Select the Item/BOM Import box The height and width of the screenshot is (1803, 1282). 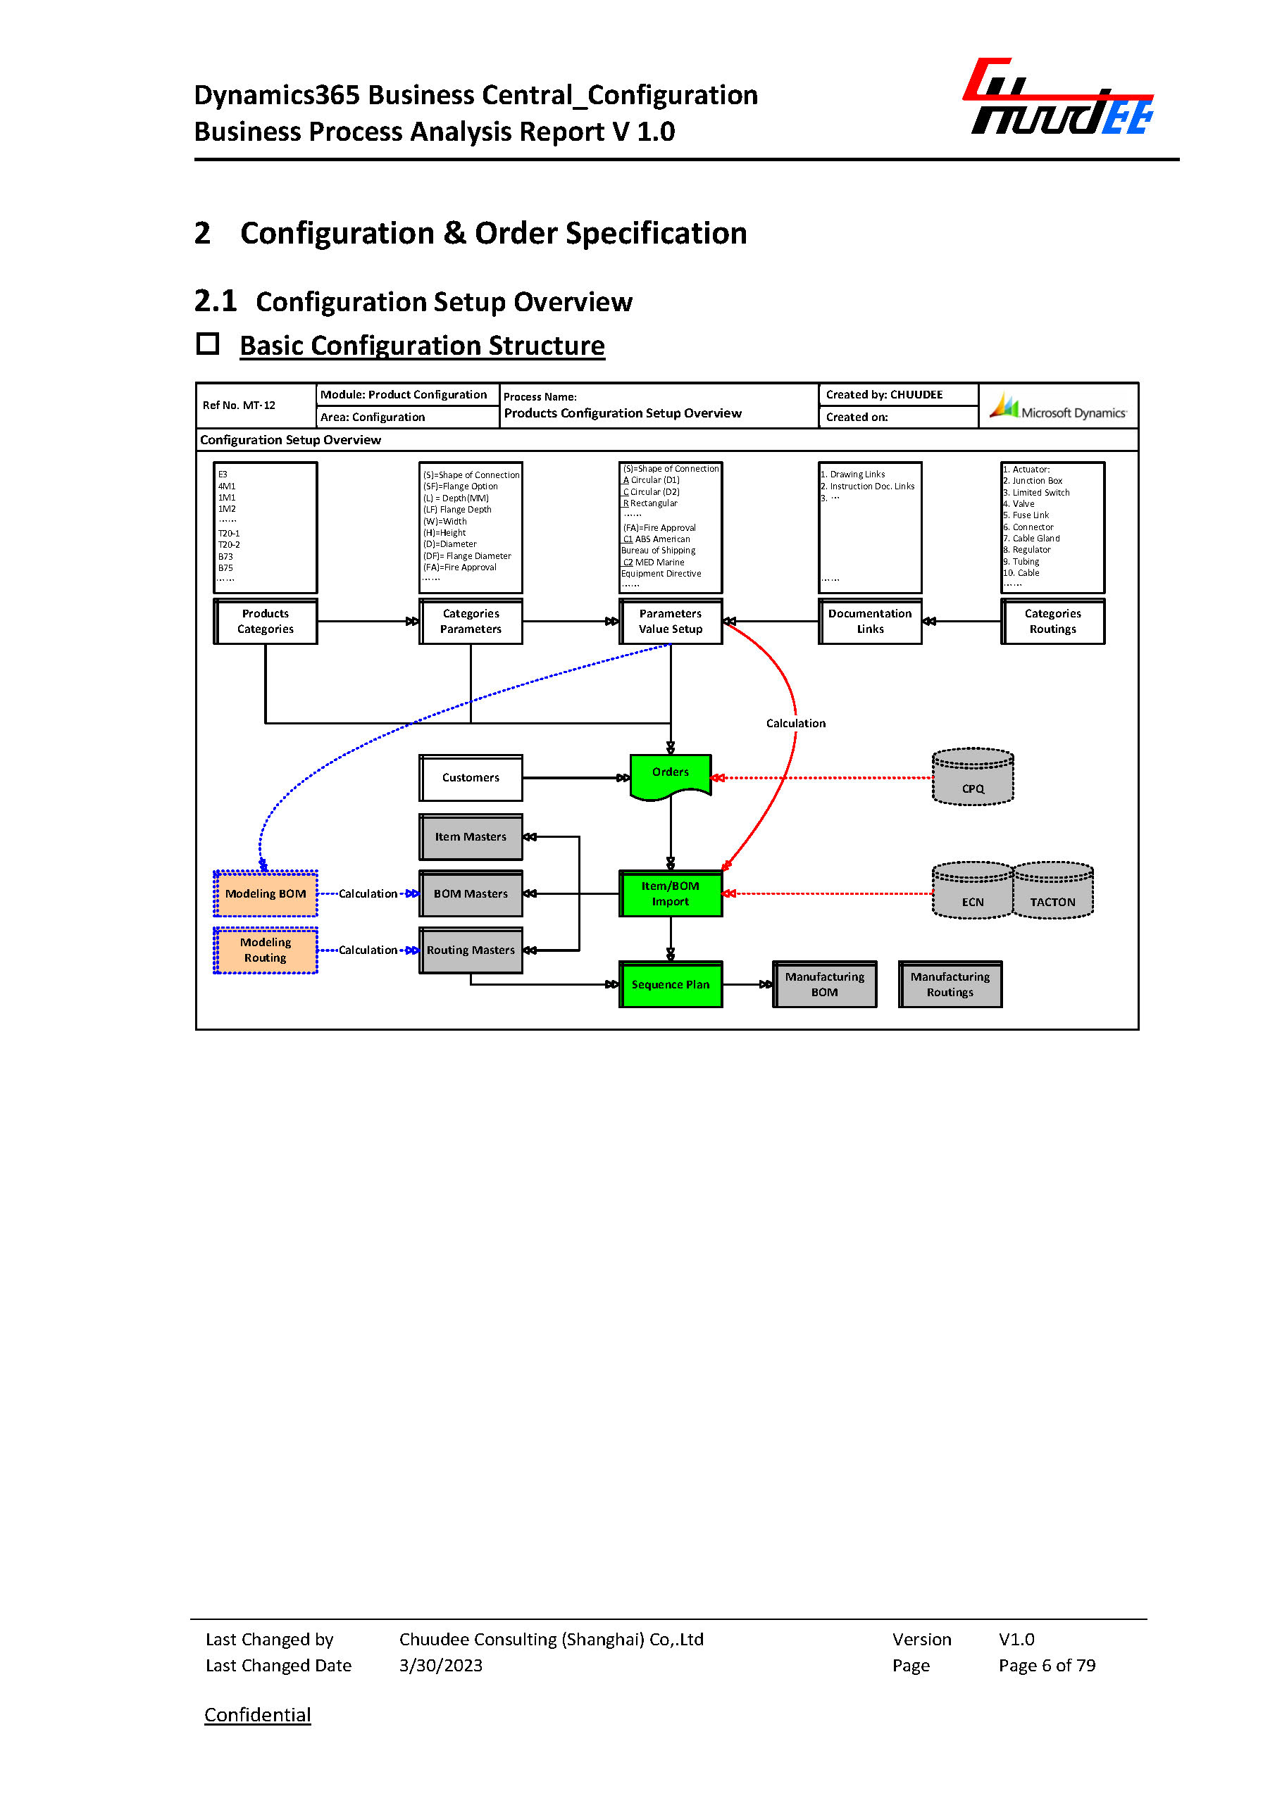tap(670, 893)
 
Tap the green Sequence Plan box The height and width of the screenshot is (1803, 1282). tap(670, 984)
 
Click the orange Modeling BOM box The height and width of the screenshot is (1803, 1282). tap(266, 893)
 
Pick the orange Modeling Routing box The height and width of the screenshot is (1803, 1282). tap(266, 950)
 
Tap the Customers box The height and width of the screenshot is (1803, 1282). tap(471, 777)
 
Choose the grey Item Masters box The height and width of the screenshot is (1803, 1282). tap(471, 836)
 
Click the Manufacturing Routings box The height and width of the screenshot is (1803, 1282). tap(950, 984)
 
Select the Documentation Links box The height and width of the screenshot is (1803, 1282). tap(870, 621)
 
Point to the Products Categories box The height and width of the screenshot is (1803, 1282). tap(266, 621)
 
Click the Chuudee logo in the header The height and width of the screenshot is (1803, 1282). tap(1059, 98)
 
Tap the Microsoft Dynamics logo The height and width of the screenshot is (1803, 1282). tap(1059, 407)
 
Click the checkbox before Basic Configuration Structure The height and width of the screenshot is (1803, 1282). tap(208, 344)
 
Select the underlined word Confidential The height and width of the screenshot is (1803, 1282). tap(257, 1714)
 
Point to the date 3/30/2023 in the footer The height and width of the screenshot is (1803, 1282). tap(440, 1665)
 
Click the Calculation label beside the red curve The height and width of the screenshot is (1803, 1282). tap(796, 723)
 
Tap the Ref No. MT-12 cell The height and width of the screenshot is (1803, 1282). tap(239, 406)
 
